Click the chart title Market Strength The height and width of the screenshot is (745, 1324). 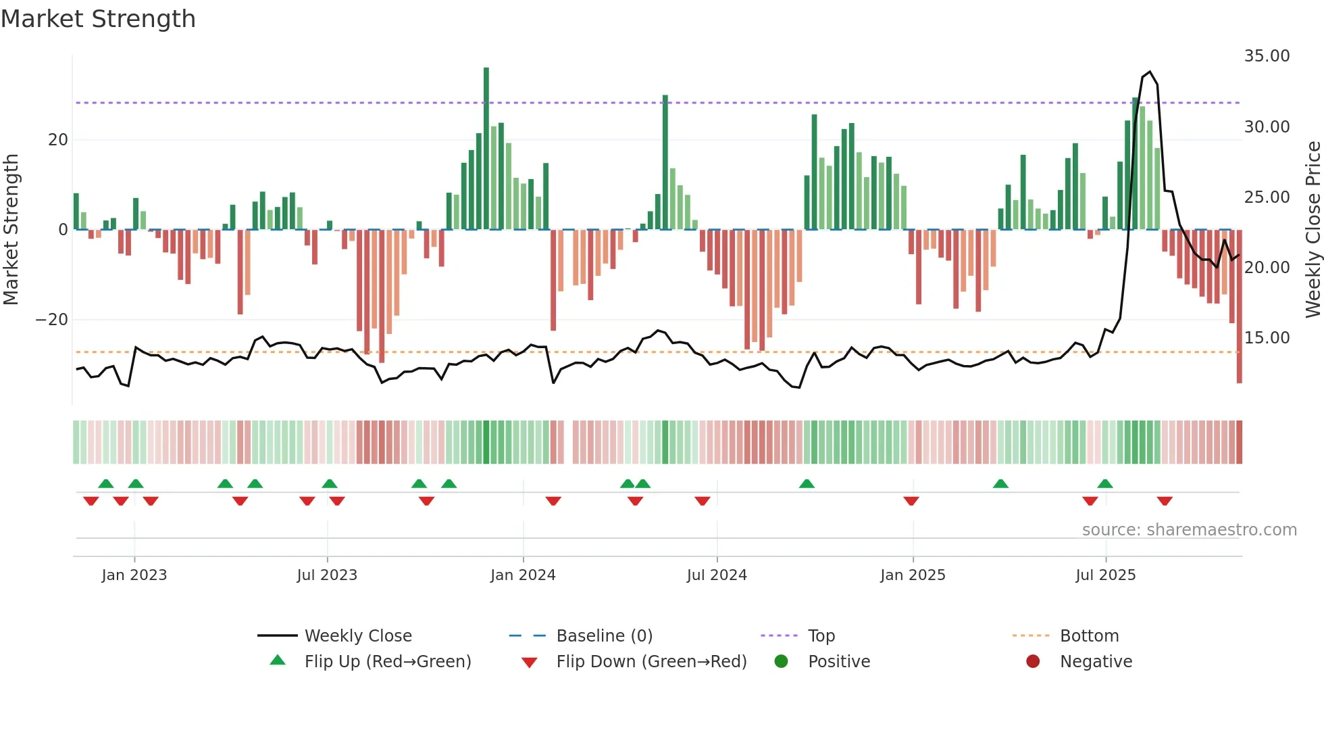[98, 19]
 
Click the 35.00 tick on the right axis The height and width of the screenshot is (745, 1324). [1267, 56]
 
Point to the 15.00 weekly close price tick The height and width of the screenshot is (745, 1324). [1267, 337]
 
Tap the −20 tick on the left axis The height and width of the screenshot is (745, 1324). [52, 319]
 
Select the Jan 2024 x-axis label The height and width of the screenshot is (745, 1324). [523, 575]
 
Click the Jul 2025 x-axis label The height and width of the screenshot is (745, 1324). [1105, 575]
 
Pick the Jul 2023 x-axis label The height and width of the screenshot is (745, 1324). [327, 575]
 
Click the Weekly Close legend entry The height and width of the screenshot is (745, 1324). [357, 635]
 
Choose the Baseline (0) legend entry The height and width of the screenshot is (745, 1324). [604, 635]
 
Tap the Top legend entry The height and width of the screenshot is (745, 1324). [821, 635]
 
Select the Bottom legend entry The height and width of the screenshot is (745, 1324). [1089, 635]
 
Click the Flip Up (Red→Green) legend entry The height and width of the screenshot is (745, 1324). [387, 661]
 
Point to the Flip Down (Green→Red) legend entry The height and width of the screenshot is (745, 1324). [651, 661]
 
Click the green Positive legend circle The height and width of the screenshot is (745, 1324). [782, 661]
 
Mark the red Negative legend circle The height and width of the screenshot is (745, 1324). [1033, 661]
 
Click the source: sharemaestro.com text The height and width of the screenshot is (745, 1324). [1189, 530]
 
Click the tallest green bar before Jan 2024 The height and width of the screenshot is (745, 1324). [486, 149]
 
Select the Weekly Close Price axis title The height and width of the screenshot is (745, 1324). [1313, 230]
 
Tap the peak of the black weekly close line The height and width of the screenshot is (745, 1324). [1150, 72]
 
